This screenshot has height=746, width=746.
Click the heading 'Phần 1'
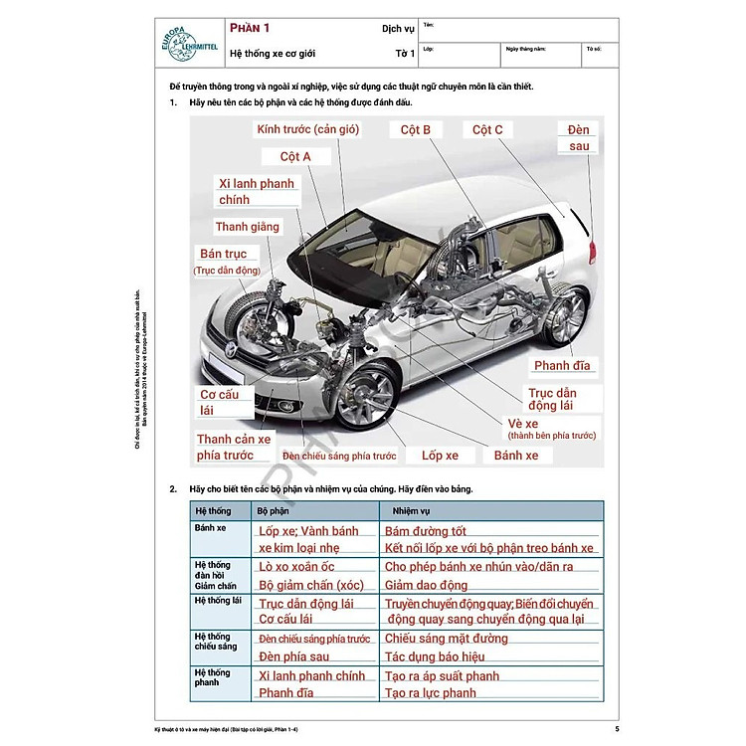pyautogui.click(x=250, y=29)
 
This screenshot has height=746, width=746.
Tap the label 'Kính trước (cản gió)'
pyautogui.click(x=307, y=129)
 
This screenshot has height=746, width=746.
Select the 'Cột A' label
pyautogui.click(x=295, y=157)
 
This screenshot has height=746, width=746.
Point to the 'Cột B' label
pyautogui.click(x=416, y=129)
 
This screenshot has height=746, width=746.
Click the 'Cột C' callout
pyautogui.click(x=487, y=129)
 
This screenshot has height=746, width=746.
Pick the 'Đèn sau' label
pyautogui.click(x=579, y=138)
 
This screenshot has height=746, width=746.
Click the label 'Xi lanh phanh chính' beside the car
pyautogui.click(x=257, y=192)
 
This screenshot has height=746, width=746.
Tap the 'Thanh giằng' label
pyautogui.click(x=248, y=227)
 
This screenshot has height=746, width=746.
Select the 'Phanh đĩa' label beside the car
pyautogui.click(x=562, y=366)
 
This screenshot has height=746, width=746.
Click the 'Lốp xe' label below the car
pyautogui.click(x=440, y=456)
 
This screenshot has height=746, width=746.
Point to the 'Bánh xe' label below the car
pyautogui.click(x=516, y=456)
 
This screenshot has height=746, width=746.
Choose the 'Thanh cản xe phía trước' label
pyautogui.click(x=234, y=448)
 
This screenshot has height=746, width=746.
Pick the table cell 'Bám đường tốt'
pyautogui.click(x=425, y=532)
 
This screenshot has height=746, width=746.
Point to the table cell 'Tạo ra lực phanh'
pyautogui.click(x=431, y=693)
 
